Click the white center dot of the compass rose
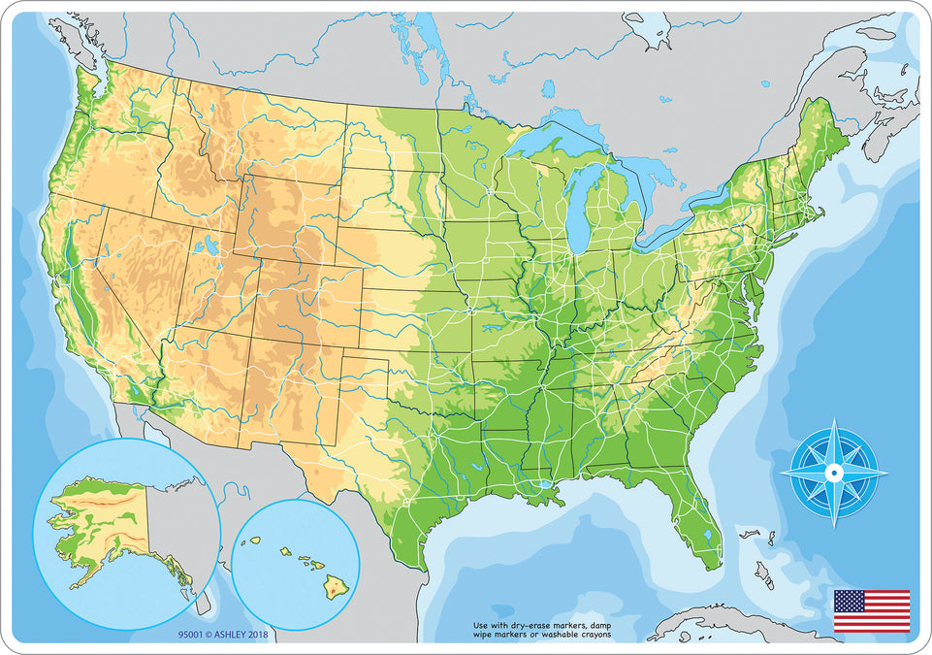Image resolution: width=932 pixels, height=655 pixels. click(833, 473)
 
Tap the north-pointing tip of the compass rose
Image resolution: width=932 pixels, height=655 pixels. click(833, 421)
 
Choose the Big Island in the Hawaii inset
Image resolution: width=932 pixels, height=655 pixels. click(334, 585)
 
